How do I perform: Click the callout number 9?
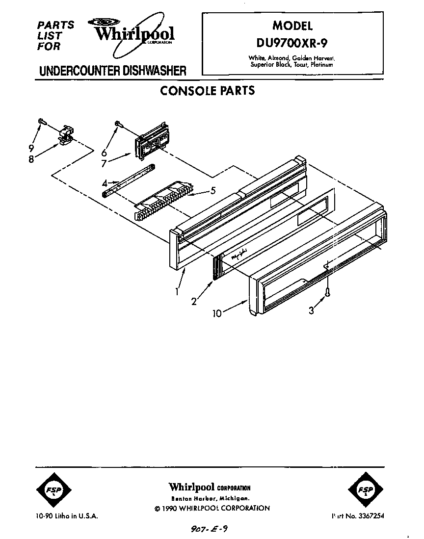[31, 148]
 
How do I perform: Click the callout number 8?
[31, 159]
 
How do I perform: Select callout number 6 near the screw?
[104, 153]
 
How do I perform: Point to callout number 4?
[105, 183]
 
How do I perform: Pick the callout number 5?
[212, 191]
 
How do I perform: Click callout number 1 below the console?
[176, 291]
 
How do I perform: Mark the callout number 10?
[217, 313]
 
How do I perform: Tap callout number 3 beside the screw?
[311, 310]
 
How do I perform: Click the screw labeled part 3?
[327, 292]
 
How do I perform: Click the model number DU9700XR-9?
[292, 43]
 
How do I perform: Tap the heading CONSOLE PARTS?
[208, 91]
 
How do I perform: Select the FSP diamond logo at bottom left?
[53, 490]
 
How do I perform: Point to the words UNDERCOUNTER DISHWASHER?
[112, 70]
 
